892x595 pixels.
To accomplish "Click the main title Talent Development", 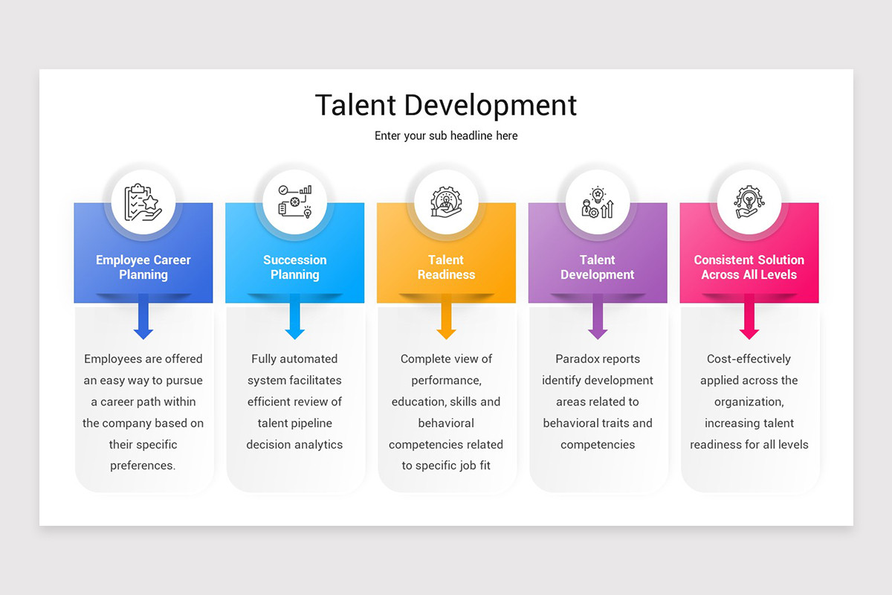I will pyautogui.click(x=446, y=105).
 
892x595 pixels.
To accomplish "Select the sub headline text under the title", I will pyautogui.click(x=446, y=136).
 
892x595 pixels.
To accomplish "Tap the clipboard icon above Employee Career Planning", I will pyautogui.click(x=143, y=202).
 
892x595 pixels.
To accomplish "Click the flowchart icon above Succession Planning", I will pyautogui.click(x=294, y=202).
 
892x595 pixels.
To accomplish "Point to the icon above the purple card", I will pyautogui.click(x=598, y=202).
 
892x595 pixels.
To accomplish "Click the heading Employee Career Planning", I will pyautogui.click(x=143, y=267).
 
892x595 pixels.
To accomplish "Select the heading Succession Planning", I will pyautogui.click(x=295, y=267).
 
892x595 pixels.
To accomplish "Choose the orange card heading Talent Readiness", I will pyautogui.click(x=446, y=267).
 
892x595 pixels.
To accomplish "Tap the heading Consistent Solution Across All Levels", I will pyautogui.click(x=749, y=267).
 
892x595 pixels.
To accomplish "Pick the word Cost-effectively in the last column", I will pyautogui.click(x=749, y=358).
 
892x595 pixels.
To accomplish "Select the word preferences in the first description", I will pyautogui.click(x=143, y=466).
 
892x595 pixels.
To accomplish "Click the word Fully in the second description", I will pyautogui.click(x=264, y=358).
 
